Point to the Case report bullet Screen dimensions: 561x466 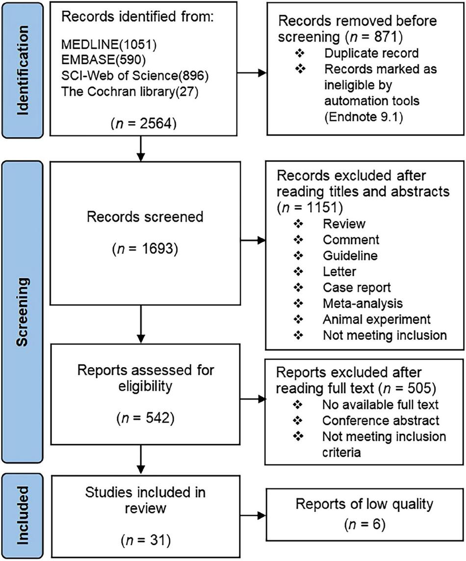coord(357,288)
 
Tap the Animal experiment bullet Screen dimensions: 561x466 coord(376,319)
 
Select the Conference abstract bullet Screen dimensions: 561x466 coord(380,421)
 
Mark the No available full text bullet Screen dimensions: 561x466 coord(380,405)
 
